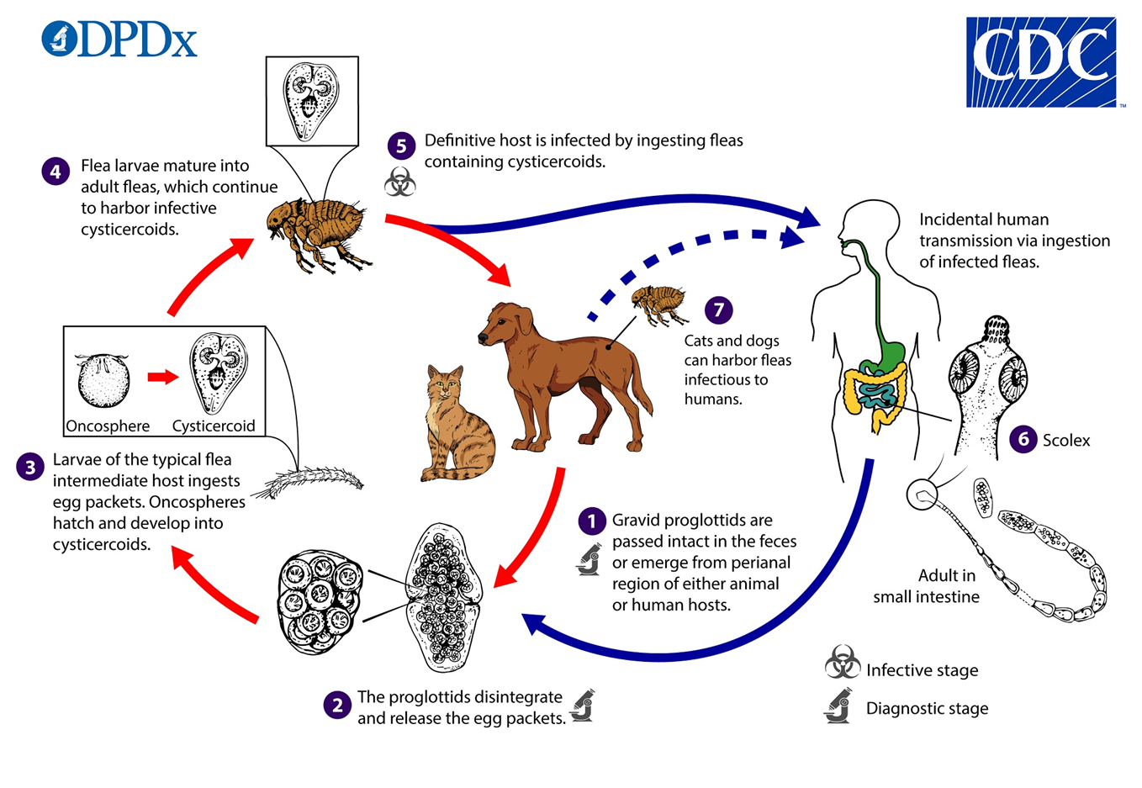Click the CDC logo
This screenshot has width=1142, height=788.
click(x=1041, y=62)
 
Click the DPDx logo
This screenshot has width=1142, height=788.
click(x=119, y=39)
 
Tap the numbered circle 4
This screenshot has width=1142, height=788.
click(x=56, y=172)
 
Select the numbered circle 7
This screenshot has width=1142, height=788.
click(x=719, y=309)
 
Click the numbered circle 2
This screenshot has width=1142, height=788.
click(x=337, y=705)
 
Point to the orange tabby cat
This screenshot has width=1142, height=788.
click(x=457, y=424)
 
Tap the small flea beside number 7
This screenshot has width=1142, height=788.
click(x=659, y=304)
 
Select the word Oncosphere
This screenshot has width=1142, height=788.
click(x=108, y=426)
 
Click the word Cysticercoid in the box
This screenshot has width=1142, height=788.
click(x=214, y=426)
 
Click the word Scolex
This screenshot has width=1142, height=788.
click(x=1066, y=440)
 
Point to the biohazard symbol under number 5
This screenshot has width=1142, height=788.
click(x=399, y=182)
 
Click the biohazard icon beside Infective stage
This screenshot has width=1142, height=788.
click(x=843, y=662)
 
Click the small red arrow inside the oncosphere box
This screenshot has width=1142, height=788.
click(x=163, y=377)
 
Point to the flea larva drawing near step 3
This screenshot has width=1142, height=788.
click(x=309, y=482)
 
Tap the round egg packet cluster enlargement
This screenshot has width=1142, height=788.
click(x=320, y=602)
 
